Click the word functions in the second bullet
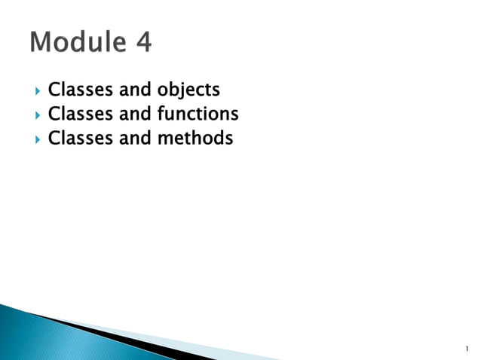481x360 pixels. [x=198, y=114]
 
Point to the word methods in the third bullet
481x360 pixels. [x=195, y=139]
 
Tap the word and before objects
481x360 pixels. [x=136, y=90]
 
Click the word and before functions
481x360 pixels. [x=136, y=114]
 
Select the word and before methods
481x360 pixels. [x=136, y=139]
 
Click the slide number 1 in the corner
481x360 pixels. [x=467, y=349]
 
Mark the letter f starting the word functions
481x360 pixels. [x=161, y=114]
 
